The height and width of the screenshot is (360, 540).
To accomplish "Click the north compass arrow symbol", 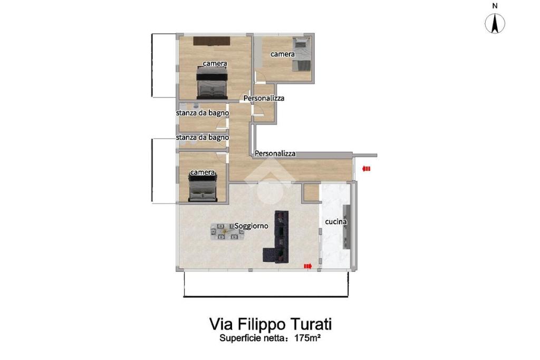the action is pyautogui.click(x=495, y=24).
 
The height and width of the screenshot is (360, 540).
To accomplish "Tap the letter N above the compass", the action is pyautogui.click(x=495, y=5).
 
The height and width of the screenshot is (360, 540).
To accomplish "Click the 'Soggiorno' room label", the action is pyautogui.click(x=252, y=226).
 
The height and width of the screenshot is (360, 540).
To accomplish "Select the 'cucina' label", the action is pyautogui.click(x=336, y=222).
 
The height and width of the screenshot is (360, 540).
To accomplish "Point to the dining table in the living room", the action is pyautogui.click(x=227, y=231).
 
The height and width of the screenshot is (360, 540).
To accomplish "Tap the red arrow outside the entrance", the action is pyautogui.click(x=366, y=169).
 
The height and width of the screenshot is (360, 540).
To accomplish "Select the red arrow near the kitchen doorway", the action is pyautogui.click(x=307, y=266).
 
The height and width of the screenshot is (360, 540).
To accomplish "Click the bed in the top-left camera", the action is pyautogui.click(x=212, y=83).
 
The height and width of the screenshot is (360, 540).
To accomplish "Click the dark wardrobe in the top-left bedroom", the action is pyautogui.click(x=211, y=41).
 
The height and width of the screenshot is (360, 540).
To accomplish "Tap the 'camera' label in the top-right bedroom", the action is pyautogui.click(x=283, y=54).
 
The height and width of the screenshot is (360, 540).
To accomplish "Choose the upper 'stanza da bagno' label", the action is pyautogui.click(x=202, y=113).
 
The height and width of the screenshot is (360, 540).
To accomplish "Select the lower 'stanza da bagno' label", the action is pyautogui.click(x=202, y=138).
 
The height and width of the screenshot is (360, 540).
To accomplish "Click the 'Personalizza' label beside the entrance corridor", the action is pyautogui.click(x=275, y=153).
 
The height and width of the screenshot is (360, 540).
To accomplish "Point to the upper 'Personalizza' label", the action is pyautogui.click(x=264, y=98).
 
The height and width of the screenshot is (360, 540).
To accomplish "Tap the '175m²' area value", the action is pyautogui.click(x=307, y=338).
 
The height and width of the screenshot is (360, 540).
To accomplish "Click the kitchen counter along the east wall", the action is pyautogui.click(x=346, y=227).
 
